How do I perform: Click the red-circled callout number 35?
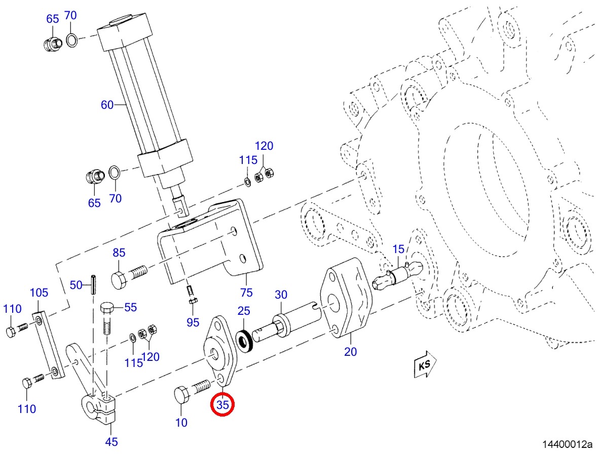click(222, 404)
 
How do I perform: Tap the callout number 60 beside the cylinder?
click(107, 104)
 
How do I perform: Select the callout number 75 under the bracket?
click(246, 293)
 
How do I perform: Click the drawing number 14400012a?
click(567, 444)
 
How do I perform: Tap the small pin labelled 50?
click(93, 284)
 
